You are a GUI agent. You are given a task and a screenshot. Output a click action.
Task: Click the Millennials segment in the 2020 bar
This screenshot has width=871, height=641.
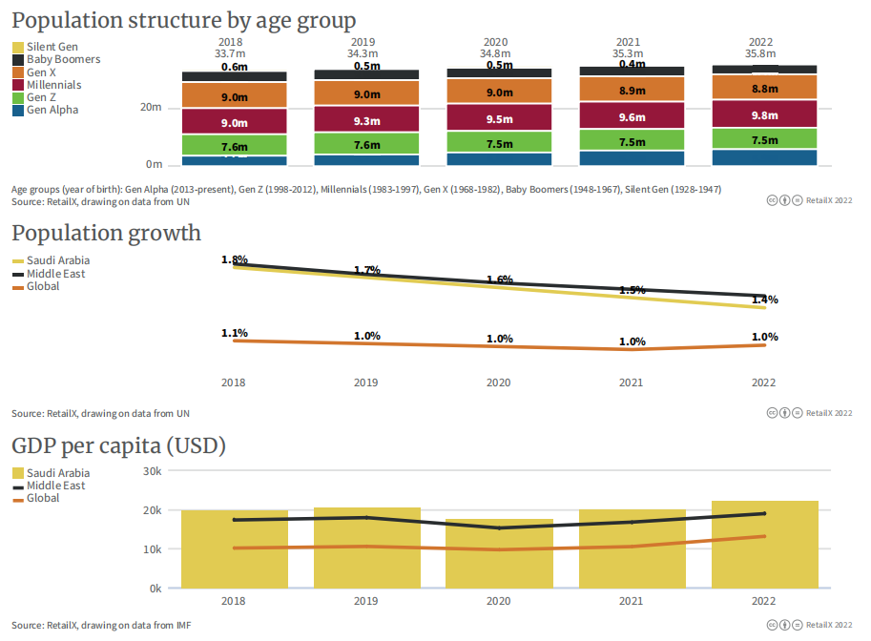coord(499,118)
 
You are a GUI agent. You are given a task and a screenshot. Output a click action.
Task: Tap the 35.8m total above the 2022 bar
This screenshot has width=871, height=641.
coord(760,54)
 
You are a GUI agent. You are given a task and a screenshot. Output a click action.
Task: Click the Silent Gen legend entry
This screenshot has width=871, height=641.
coord(52,47)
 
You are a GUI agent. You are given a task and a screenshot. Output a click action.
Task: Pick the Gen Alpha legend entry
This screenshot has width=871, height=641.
coord(52,110)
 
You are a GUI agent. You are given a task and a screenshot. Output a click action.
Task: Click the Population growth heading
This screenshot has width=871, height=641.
coord(106,234)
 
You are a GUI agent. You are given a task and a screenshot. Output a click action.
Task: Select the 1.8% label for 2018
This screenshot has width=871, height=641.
coord(235,259)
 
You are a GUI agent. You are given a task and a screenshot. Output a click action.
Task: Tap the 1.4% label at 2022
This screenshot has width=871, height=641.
coord(764,300)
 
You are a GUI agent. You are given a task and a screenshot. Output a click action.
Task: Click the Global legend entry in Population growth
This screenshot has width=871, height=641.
coord(43,286)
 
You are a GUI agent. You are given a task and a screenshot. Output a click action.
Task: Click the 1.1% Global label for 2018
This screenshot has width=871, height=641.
coord(235,333)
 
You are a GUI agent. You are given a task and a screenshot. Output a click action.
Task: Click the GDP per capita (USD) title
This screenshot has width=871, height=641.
coord(118,446)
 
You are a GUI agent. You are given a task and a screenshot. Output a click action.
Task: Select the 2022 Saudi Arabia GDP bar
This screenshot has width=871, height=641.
coord(764,544)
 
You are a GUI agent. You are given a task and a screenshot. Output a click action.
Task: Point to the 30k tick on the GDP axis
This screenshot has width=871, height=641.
coord(152,471)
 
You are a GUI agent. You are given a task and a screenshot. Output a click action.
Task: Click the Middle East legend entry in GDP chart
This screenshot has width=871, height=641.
coord(55,486)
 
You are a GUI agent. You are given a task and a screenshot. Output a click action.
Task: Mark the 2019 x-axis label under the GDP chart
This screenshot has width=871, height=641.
coord(366,602)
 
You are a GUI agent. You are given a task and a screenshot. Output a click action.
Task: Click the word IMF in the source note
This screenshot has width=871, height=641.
coord(182,626)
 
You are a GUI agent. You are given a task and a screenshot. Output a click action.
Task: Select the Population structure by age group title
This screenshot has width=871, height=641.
coord(184,20)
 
